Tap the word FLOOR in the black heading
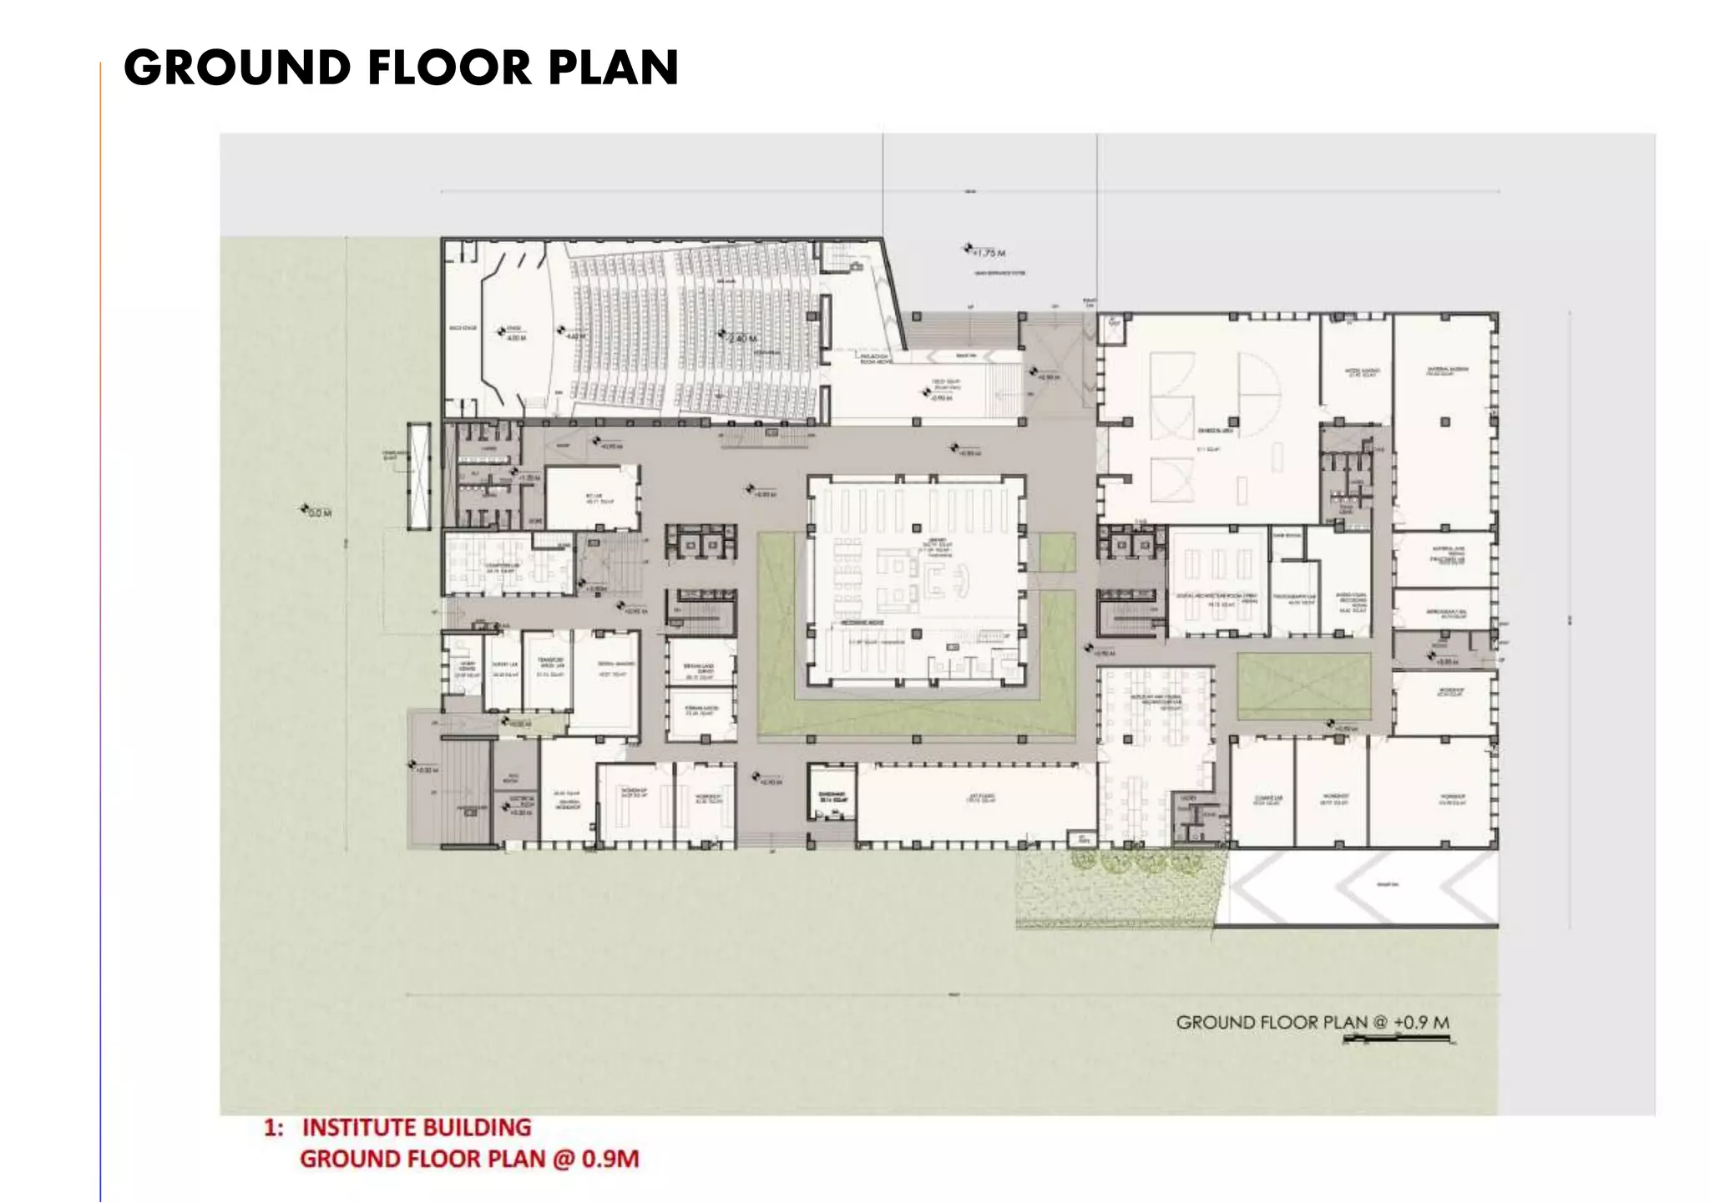tap(450, 68)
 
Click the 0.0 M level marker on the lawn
tap(317, 512)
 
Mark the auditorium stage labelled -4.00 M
tap(512, 333)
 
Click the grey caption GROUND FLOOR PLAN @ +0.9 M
tap(1312, 1022)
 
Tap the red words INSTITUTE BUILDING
tap(416, 1128)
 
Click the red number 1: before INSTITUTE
tap(273, 1129)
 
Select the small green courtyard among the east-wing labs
tap(1303, 686)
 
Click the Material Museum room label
tap(1447, 371)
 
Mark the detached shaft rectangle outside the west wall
tap(418, 476)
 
